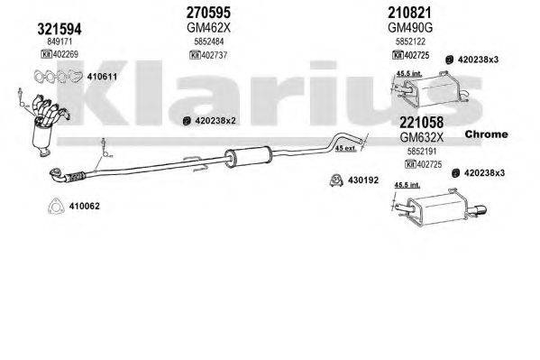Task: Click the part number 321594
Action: (59, 30)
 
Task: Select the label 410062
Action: (84, 206)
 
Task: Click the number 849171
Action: (59, 42)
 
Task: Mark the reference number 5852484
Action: (210, 41)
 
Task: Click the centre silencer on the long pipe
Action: (240, 156)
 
